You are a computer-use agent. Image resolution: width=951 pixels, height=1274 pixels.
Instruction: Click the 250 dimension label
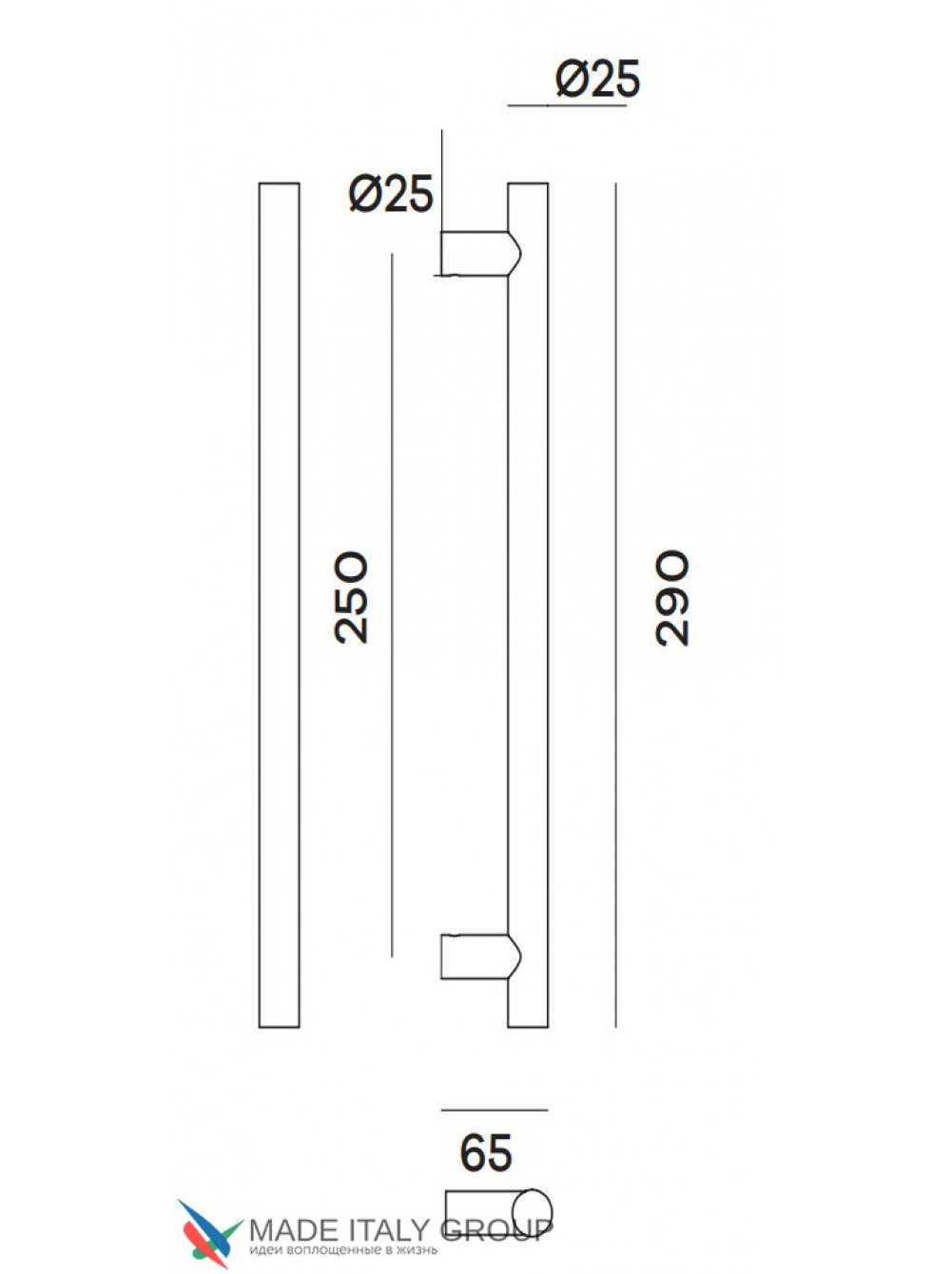click(x=351, y=598)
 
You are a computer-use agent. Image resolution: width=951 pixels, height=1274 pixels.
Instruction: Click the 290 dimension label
click(x=671, y=598)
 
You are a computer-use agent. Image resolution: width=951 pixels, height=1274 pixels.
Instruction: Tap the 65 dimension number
click(x=486, y=1152)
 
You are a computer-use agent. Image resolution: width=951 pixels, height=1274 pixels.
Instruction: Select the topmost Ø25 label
click(x=598, y=78)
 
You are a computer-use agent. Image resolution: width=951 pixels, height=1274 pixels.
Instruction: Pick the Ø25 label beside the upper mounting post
click(x=391, y=193)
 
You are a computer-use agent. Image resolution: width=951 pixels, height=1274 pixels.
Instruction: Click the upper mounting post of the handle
click(x=479, y=254)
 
